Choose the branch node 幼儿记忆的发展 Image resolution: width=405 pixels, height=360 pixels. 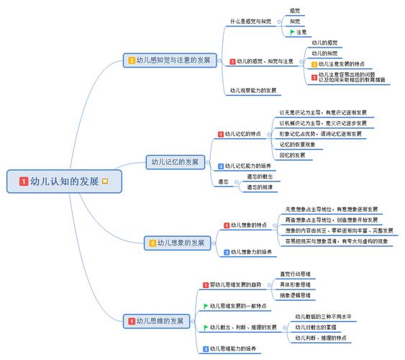tap(173, 162)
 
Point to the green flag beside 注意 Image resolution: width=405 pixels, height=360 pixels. tap(292, 32)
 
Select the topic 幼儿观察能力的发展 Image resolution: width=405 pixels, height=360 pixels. tap(252, 90)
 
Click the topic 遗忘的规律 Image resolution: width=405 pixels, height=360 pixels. tap(260, 187)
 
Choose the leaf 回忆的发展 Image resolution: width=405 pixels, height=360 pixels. tap(292, 155)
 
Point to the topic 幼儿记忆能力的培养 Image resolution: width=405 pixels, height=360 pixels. tap(249, 166)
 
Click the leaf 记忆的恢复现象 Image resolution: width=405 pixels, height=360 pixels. tap(297, 144)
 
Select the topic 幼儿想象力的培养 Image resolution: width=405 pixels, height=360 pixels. tap(251, 252)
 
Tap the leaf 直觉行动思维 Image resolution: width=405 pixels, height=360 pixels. tap(295, 274)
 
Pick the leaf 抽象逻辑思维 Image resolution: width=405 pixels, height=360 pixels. tap(295, 295)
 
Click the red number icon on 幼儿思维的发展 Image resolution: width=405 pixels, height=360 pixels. tap(131, 320)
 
